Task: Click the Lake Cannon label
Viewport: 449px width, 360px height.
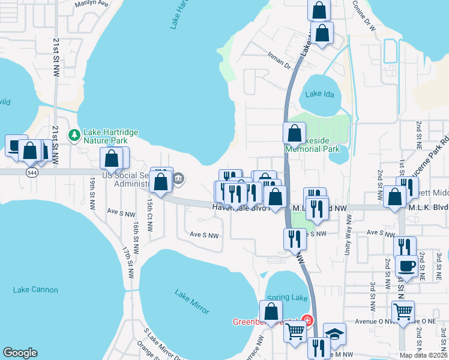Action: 35,290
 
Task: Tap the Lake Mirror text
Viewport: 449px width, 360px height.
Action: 192,302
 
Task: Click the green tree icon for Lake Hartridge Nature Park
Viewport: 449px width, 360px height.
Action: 74,135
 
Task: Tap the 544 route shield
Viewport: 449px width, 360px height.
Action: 32,172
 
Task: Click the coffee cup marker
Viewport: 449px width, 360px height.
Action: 406,266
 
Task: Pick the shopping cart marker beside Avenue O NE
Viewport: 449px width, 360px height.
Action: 403,311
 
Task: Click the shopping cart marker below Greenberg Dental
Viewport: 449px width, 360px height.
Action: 295,331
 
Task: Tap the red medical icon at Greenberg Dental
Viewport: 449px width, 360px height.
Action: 307,320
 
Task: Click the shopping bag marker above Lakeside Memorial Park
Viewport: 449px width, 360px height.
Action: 295,133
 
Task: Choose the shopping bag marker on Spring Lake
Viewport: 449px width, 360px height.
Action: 271,311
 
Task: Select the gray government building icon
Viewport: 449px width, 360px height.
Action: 178,178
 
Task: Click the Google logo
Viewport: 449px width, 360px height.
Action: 20,353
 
